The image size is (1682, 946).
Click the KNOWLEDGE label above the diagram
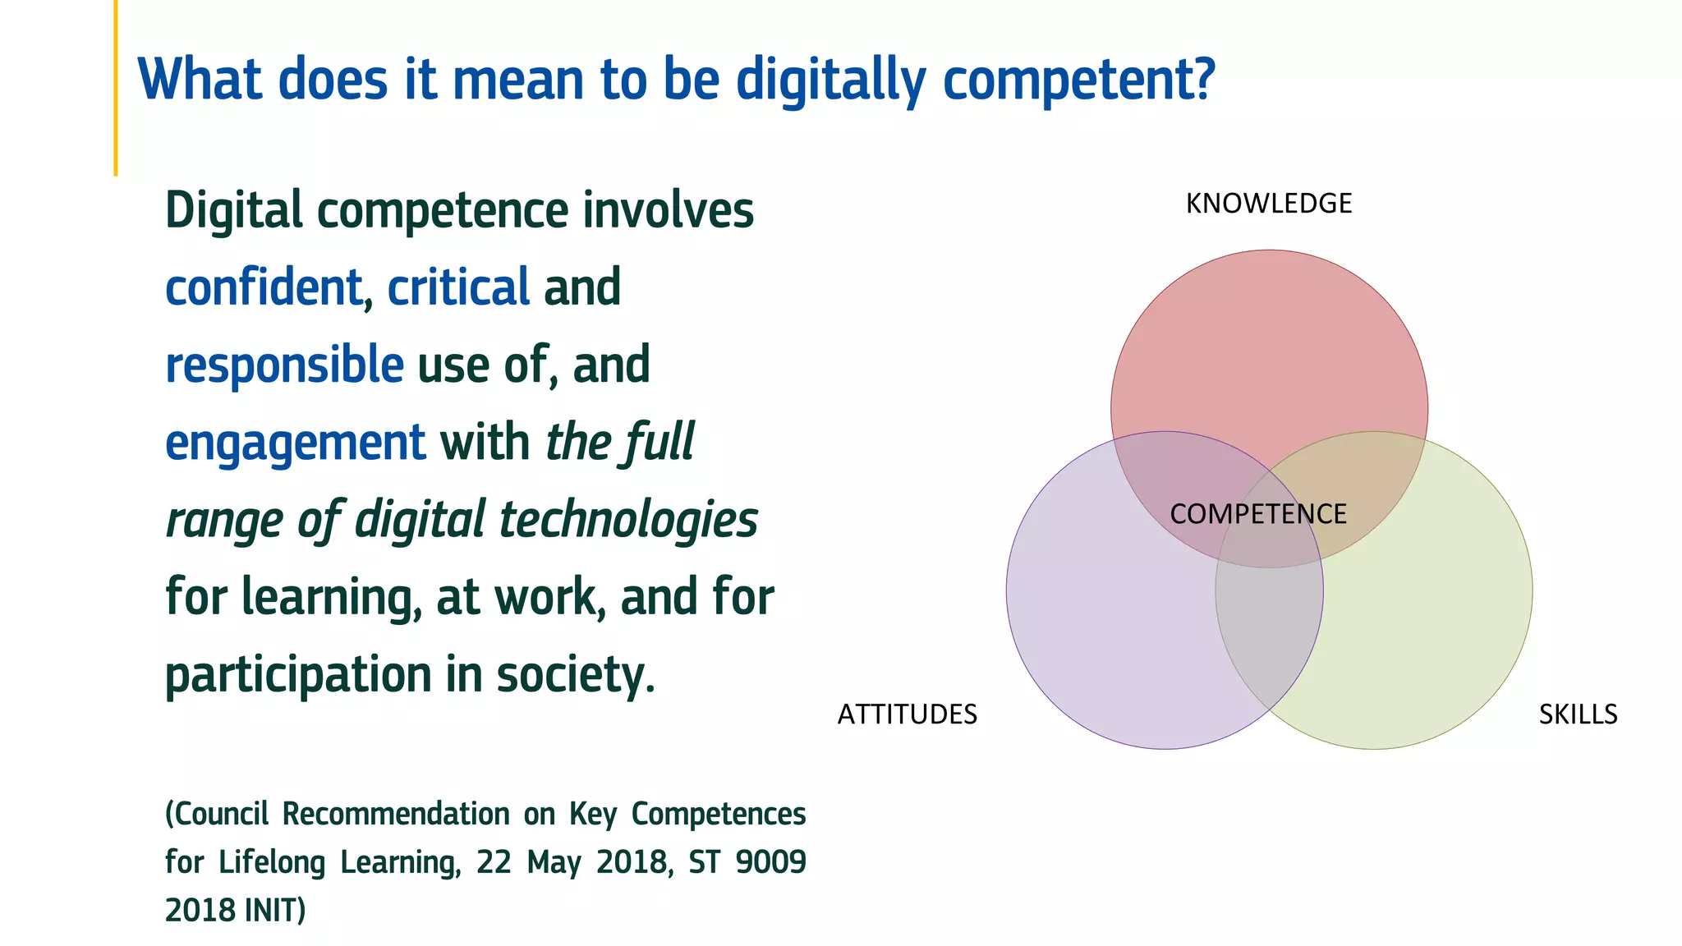(x=1268, y=204)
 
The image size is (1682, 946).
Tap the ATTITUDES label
(x=907, y=714)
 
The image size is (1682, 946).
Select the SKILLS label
(x=1578, y=714)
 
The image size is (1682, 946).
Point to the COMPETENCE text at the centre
(x=1257, y=514)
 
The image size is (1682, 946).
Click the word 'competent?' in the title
(x=1078, y=80)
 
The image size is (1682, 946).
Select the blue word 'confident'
(x=263, y=288)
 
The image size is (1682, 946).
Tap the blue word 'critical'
(x=457, y=288)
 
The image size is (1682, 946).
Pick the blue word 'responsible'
(x=284, y=365)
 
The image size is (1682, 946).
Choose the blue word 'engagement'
(x=295, y=443)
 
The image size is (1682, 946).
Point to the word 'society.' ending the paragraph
(x=575, y=675)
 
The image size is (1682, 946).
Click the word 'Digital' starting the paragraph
(x=233, y=211)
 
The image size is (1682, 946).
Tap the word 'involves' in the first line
(x=668, y=211)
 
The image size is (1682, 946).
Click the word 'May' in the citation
(x=554, y=862)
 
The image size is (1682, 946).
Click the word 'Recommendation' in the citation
(x=396, y=815)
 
